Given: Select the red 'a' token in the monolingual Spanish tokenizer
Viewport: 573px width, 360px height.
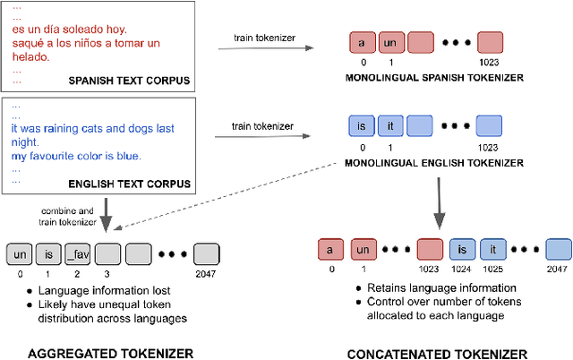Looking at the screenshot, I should [361, 42].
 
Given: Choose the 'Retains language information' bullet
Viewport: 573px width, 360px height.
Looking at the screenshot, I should [430, 287].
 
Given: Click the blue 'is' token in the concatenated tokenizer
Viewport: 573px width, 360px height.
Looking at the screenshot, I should [461, 248].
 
